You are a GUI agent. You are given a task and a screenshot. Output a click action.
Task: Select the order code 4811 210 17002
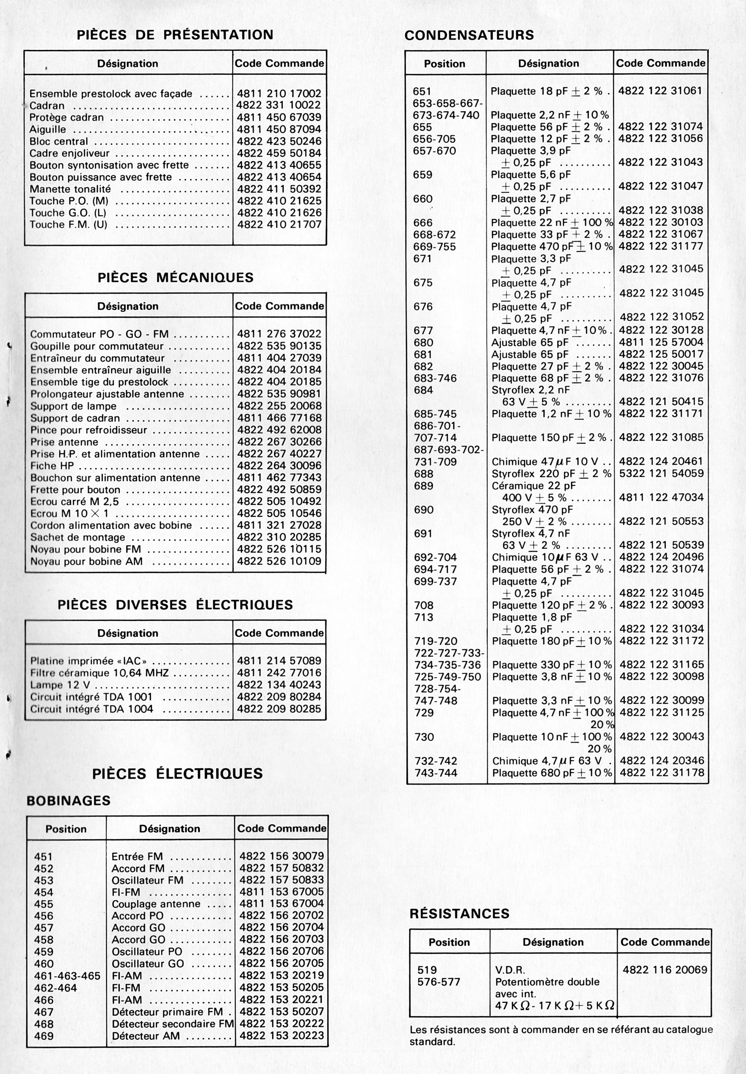pyautogui.click(x=279, y=93)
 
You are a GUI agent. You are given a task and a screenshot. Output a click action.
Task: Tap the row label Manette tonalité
pyautogui.click(x=70, y=189)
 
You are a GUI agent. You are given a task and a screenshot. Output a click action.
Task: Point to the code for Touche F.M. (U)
pyautogui.click(x=279, y=225)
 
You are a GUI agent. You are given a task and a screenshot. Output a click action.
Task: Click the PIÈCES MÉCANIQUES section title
pyautogui.click(x=175, y=278)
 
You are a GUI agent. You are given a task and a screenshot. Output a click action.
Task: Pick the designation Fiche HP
pyautogui.click(x=52, y=466)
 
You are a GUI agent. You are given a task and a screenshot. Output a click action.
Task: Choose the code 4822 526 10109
pyautogui.click(x=279, y=561)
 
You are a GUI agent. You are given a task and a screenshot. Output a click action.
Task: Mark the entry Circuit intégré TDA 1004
pyautogui.click(x=92, y=709)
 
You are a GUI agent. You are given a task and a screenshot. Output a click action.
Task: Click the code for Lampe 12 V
pyautogui.click(x=279, y=685)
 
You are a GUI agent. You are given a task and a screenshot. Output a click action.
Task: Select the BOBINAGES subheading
pyautogui.click(x=68, y=801)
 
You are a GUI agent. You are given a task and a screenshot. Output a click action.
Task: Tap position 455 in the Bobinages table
pyautogui.click(x=43, y=904)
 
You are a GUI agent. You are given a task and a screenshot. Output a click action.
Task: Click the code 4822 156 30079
pyautogui.click(x=281, y=856)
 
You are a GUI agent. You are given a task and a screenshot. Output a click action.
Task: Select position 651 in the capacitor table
pyautogui.click(x=422, y=92)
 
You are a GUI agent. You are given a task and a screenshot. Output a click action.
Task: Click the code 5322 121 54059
pyautogui.click(x=661, y=473)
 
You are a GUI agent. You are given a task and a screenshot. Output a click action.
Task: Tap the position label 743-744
pyautogui.click(x=436, y=773)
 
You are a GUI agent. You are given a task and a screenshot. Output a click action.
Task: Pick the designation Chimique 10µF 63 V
pyautogui.click(x=545, y=557)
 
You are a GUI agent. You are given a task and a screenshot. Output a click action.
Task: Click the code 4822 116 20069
pyautogui.click(x=665, y=970)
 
